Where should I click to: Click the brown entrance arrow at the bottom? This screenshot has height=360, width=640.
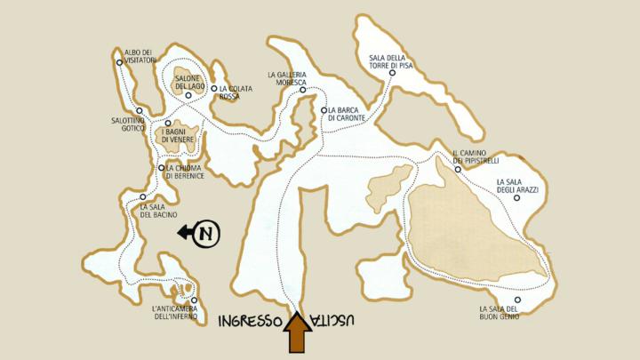click(x=297, y=335)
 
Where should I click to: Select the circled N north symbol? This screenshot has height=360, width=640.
click(x=207, y=234)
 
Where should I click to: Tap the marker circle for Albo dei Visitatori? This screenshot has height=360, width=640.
click(x=119, y=62)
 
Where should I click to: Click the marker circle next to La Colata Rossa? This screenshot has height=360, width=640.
click(x=214, y=88)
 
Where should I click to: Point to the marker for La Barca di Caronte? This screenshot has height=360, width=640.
click(x=324, y=110)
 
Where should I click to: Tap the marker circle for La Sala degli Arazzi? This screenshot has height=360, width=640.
click(x=516, y=198)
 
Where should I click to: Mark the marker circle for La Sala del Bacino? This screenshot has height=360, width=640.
click(x=143, y=196)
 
